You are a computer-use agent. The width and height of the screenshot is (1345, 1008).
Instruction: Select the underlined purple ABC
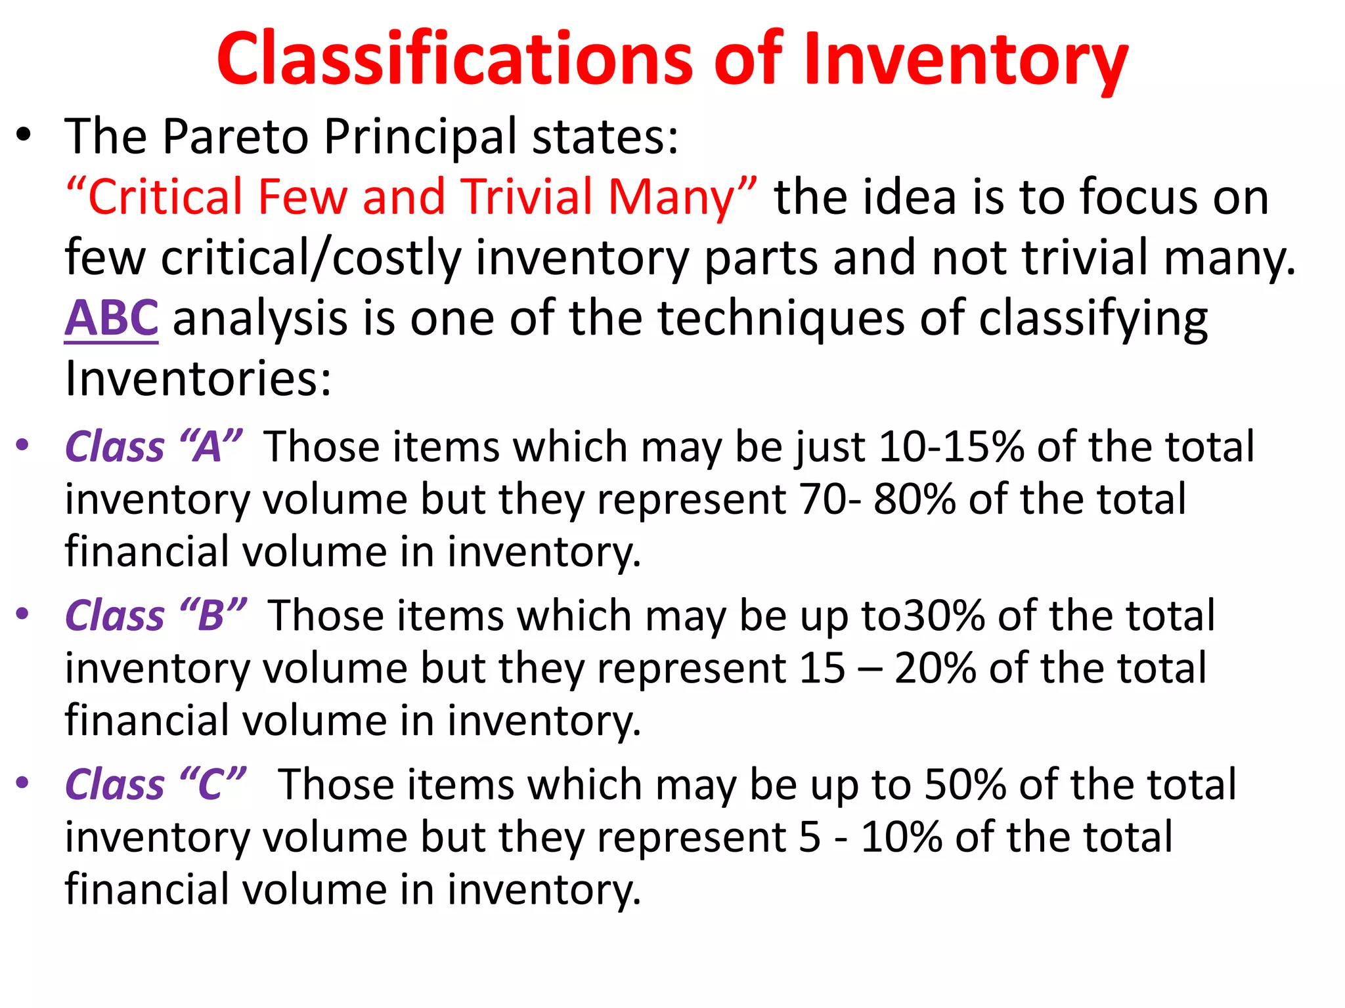(x=112, y=318)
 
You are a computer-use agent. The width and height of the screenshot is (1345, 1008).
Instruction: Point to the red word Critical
(x=164, y=197)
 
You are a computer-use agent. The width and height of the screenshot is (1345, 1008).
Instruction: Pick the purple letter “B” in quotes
(x=212, y=616)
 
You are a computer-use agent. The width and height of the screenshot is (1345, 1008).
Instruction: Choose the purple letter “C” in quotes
(x=211, y=785)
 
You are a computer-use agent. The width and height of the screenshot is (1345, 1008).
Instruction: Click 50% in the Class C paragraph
(x=965, y=785)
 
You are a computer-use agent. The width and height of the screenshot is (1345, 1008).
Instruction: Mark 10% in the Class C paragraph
(x=902, y=837)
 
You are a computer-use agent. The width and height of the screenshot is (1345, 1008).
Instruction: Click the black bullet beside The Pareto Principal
(x=24, y=136)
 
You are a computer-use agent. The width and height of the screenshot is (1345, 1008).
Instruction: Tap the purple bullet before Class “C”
(x=23, y=782)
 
